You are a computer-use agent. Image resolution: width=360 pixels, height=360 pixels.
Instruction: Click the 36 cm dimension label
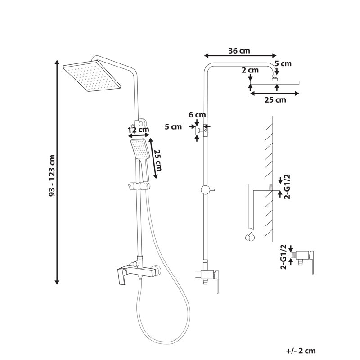tap(239, 51)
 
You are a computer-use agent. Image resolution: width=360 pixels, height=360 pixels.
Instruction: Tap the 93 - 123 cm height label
tap(52, 175)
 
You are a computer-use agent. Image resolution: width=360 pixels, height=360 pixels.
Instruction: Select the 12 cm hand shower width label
tap(139, 130)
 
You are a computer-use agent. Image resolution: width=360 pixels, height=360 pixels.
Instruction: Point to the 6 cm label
tap(197, 115)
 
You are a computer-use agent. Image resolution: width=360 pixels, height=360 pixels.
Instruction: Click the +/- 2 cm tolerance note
tap(301, 351)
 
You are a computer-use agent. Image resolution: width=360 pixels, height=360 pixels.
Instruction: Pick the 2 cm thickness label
tap(250, 70)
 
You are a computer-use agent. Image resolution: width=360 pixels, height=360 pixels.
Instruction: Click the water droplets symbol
tap(250, 237)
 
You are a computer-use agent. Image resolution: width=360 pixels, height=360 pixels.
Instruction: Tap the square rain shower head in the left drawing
tap(92, 76)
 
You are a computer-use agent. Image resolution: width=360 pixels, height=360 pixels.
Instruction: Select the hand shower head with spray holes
tap(140, 149)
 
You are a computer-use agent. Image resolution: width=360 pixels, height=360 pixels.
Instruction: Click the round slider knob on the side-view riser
tap(205, 190)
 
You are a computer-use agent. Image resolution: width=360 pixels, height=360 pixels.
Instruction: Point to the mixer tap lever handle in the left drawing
tap(121, 277)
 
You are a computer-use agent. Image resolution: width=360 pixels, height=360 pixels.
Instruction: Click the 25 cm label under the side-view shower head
tap(275, 100)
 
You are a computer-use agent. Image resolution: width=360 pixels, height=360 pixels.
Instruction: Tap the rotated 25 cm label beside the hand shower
tap(158, 161)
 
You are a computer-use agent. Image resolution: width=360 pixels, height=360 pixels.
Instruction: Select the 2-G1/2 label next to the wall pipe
tap(287, 186)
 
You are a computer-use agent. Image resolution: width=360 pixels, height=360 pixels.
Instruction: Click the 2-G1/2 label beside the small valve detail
tap(283, 257)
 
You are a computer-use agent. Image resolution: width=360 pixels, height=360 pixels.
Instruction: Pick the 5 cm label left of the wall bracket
tap(173, 127)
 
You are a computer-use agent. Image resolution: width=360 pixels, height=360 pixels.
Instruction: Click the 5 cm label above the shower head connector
tap(283, 63)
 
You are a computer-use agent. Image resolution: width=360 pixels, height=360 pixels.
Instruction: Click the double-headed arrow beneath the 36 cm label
tap(240, 55)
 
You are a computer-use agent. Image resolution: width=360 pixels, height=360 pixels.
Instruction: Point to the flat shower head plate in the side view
tap(275, 82)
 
